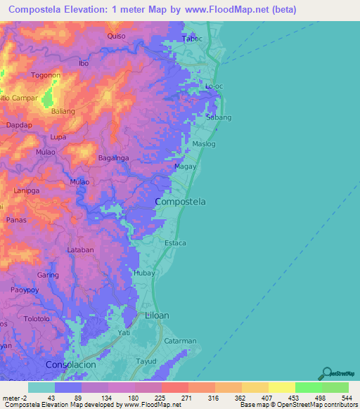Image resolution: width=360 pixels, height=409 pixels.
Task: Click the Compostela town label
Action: click(x=180, y=202)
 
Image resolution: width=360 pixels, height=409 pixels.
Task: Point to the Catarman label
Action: click(x=180, y=341)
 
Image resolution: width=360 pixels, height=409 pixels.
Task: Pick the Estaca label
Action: click(x=175, y=243)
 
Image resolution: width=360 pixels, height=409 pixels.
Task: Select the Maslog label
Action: click(x=205, y=145)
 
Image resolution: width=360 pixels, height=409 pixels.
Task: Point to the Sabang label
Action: click(x=219, y=118)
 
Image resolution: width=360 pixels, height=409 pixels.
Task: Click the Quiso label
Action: click(x=116, y=35)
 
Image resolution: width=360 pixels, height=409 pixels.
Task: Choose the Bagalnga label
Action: click(x=112, y=158)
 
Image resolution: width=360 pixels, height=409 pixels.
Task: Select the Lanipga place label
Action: click(x=26, y=190)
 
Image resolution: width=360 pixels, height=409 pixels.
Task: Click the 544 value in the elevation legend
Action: click(x=345, y=398)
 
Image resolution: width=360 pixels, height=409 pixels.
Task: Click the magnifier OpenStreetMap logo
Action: click(x=326, y=373)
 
